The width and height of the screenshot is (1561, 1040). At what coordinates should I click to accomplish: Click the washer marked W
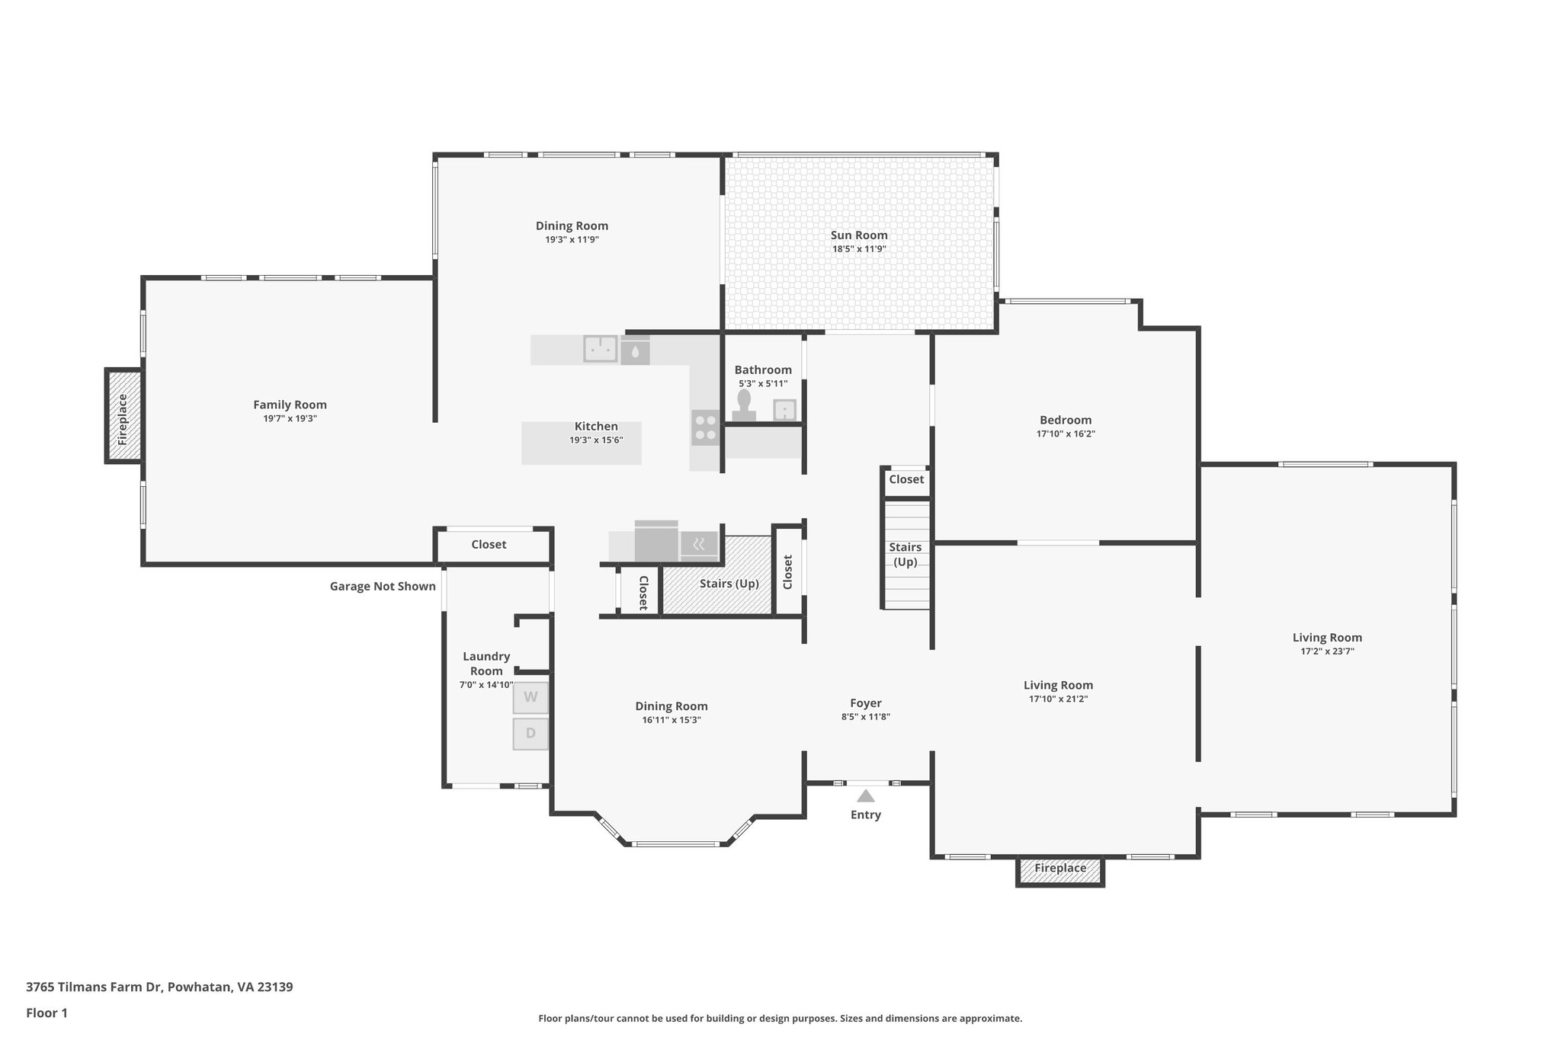coord(530,697)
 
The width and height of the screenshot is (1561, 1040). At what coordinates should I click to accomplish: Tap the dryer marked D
coord(530,734)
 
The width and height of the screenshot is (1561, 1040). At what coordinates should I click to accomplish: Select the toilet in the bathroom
coord(744,405)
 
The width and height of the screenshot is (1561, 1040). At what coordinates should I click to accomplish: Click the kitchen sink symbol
coord(601,348)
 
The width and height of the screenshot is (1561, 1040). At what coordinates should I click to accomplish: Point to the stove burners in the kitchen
coord(706,427)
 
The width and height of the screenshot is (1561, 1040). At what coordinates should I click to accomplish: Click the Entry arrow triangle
coord(865,796)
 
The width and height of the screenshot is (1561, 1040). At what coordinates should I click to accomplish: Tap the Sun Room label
coord(859,235)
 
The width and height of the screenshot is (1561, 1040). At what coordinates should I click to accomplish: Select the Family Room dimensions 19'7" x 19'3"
coord(290,418)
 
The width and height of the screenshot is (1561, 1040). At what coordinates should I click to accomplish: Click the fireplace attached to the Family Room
coord(123,416)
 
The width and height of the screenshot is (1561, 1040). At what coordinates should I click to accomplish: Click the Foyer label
coord(866,703)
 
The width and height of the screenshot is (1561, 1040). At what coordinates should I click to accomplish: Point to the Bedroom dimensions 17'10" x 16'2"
coord(1066,434)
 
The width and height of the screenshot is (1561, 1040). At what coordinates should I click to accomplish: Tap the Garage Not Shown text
coord(383,586)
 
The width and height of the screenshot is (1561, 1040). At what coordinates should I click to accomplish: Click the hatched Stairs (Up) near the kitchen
coord(729,584)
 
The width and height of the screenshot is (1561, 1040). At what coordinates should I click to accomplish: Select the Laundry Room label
coord(486,663)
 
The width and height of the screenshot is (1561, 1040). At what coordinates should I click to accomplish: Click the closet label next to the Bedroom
coord(906,479)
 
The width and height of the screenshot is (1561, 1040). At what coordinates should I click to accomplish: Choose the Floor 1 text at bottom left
coord(46,1013)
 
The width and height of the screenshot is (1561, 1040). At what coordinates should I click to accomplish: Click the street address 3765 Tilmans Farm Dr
coord(159,987)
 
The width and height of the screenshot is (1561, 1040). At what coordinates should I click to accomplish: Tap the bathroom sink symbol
coord(784,410)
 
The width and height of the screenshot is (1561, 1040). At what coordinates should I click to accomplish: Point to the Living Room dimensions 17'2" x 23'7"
coord(1327,651)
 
